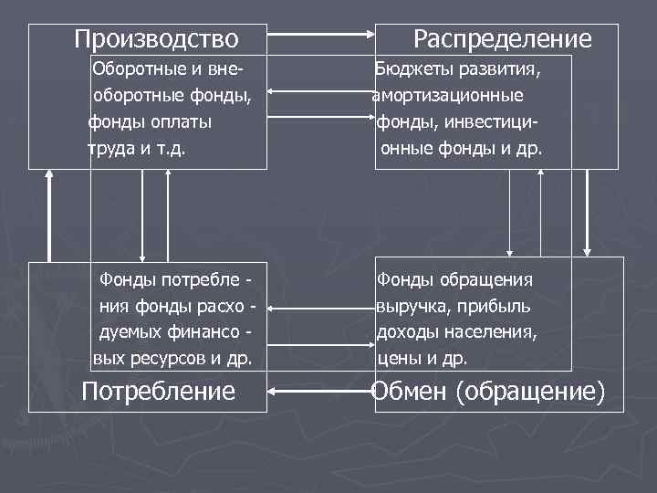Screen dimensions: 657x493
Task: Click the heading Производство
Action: coord(156,39)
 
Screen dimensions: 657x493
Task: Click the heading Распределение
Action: coord(502,39)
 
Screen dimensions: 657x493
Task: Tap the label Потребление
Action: coord(158,392)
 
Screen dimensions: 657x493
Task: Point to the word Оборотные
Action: coord(137,68)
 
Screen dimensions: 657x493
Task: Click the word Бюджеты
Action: coord(408,68)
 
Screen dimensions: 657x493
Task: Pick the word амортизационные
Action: coord(447,95)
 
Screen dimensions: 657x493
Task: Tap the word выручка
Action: coord(409,307)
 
